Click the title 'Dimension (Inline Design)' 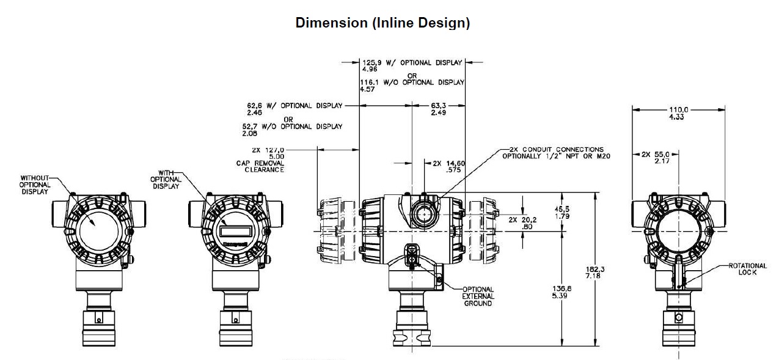(382, 23)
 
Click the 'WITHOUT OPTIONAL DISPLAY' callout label (35, 185)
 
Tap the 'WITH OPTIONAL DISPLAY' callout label (166, 180)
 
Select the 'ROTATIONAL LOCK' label (748, 269)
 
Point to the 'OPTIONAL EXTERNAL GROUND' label (478, 296)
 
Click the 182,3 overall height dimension (595, 273)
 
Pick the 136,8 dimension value (561, 292)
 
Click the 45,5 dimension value (562, 213)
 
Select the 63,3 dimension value (439, 109)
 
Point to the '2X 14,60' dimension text (448, 163)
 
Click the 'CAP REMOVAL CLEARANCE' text (260, 166)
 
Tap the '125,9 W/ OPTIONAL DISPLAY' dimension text (412, 62)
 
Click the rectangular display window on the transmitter (235, 231)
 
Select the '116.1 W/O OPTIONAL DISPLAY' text (412, 83)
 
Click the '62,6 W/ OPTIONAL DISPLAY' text (295, 105)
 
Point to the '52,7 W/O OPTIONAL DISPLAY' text (293, 127)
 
